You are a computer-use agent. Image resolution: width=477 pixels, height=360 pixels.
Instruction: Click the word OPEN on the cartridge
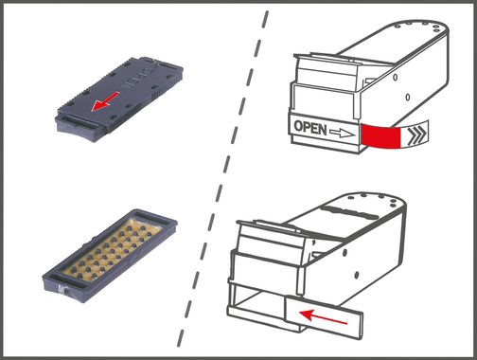(310, 128)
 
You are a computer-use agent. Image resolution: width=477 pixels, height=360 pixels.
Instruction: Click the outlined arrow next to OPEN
(342, 133)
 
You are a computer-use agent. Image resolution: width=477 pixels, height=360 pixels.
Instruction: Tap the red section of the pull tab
(381, 135)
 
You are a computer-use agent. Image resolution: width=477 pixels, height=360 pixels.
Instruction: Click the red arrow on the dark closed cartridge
(105, 101)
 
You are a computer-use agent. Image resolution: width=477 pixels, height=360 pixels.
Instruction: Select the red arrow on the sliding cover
(323, 317)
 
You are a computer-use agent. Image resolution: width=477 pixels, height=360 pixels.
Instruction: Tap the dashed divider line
(223, 178)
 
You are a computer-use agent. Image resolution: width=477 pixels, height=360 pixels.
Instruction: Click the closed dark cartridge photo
(119, 99)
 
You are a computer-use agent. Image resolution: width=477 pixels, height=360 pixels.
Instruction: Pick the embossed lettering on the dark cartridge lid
(138, 79)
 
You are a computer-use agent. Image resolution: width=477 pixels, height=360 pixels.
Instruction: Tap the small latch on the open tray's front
(62, 289)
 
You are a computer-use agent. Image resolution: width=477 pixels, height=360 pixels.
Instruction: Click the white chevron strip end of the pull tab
(415, 135)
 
